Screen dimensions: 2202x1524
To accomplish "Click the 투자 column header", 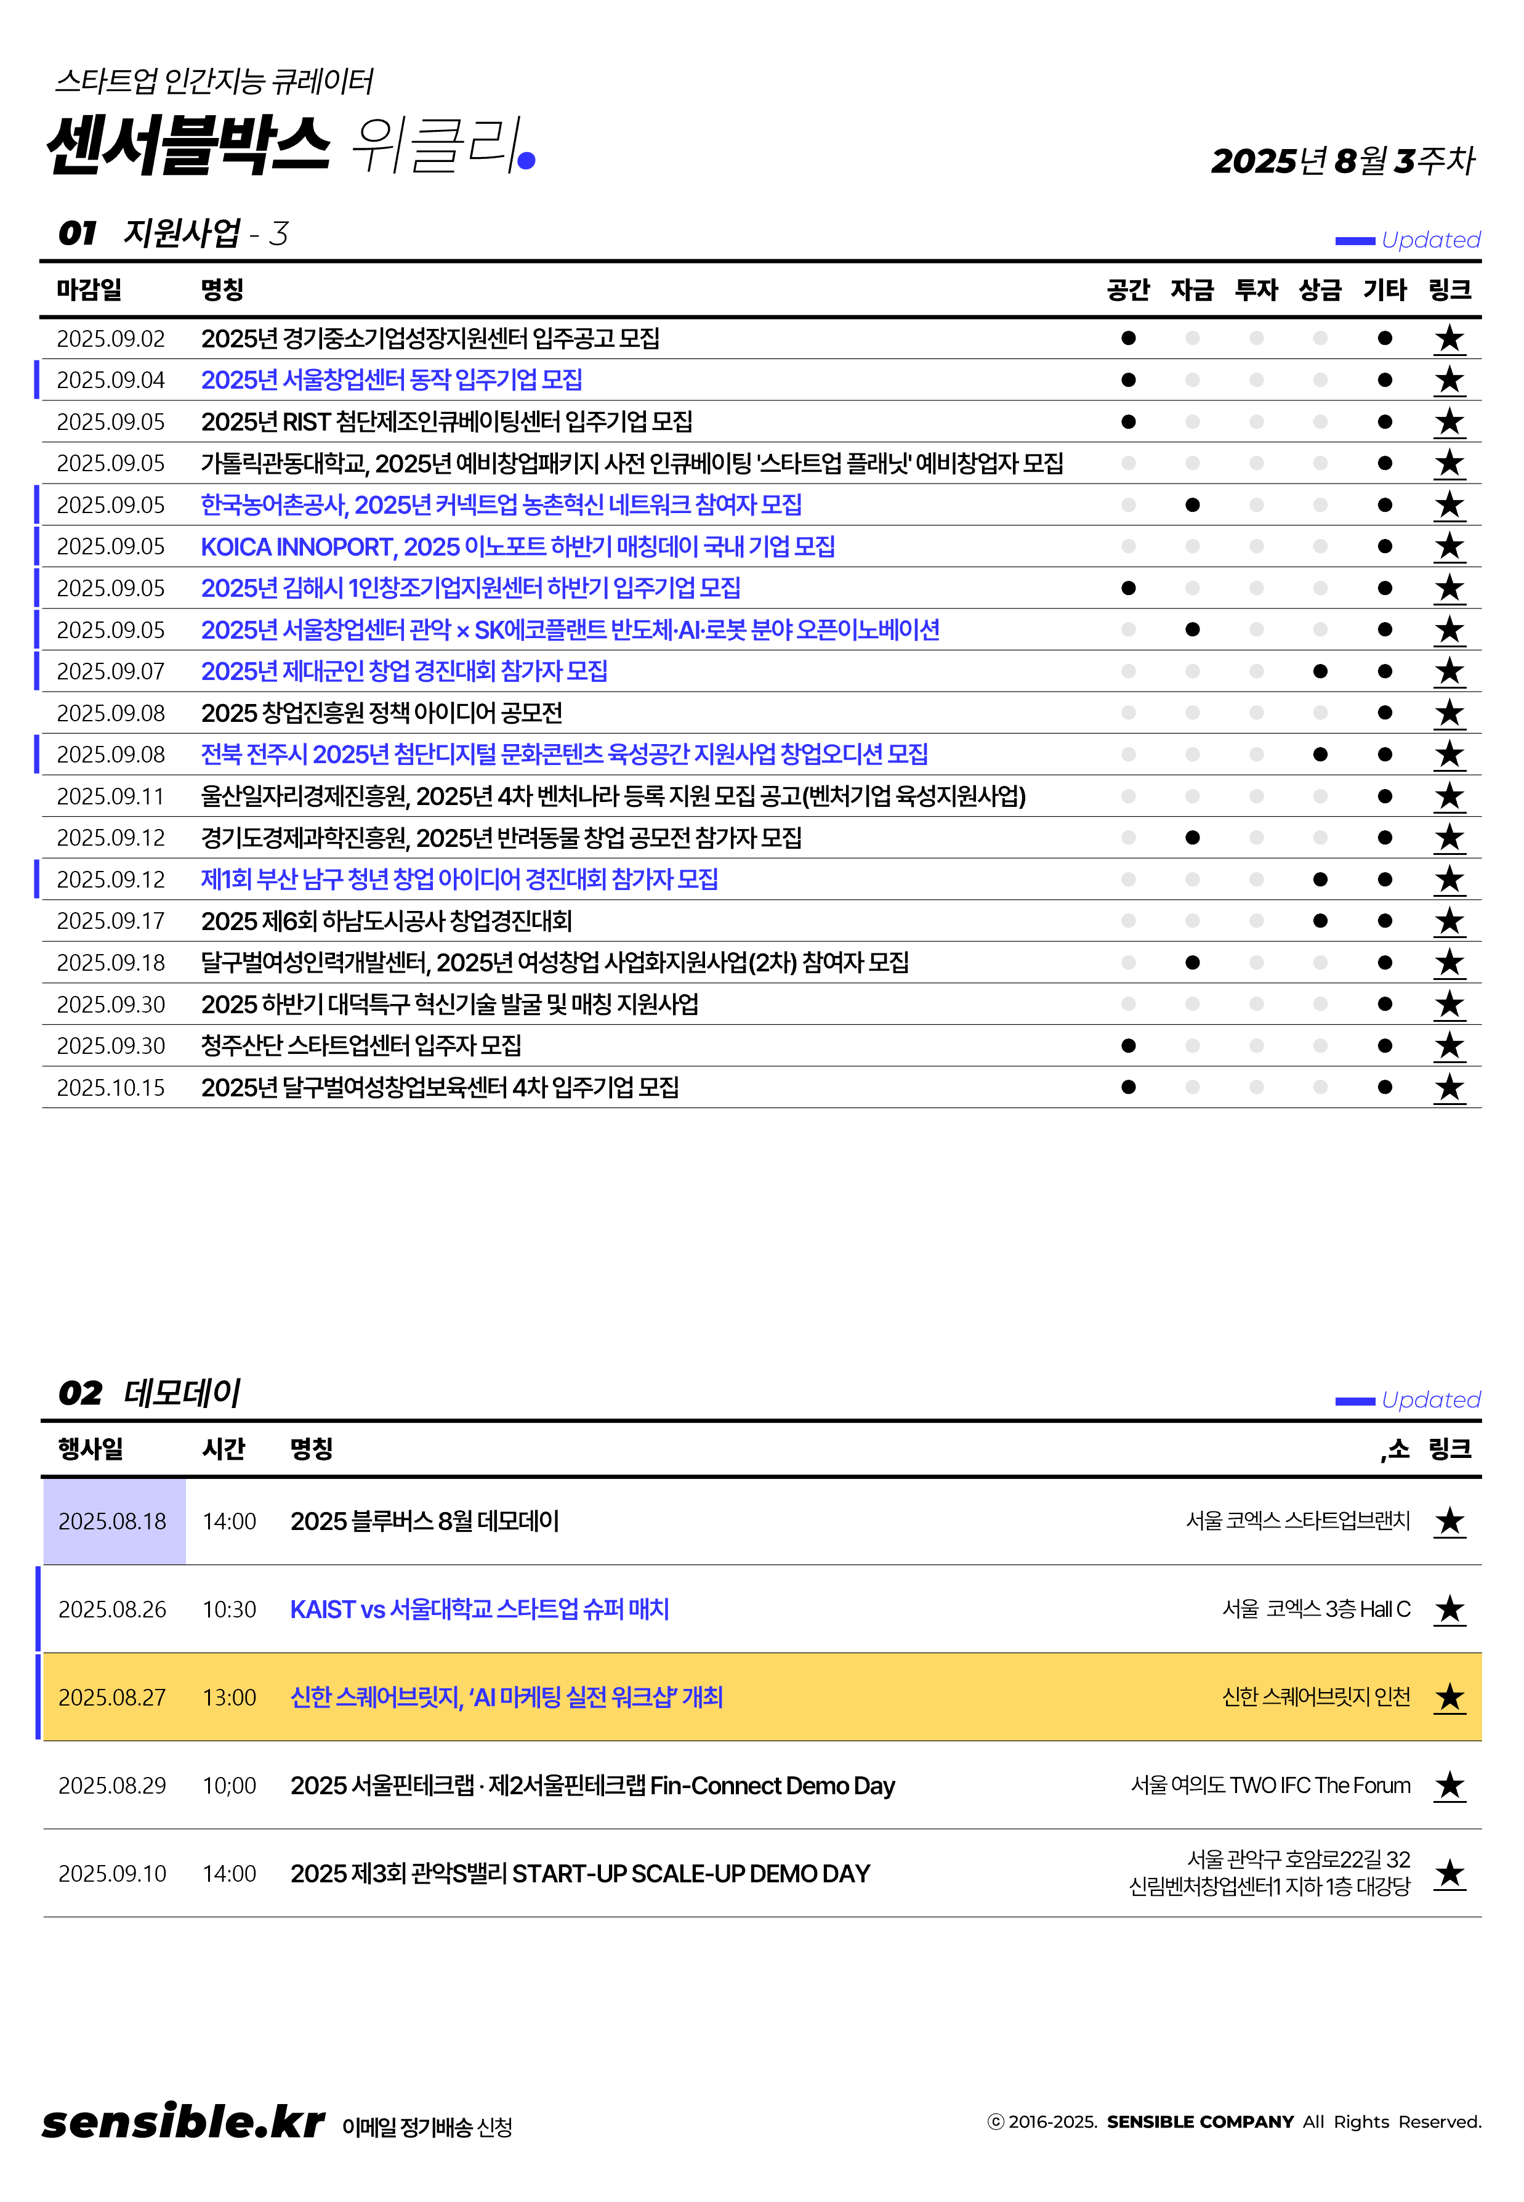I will coord(1256,289).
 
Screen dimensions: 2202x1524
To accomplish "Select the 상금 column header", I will coord(1320,289).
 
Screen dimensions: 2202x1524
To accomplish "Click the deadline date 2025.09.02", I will coord(111,339).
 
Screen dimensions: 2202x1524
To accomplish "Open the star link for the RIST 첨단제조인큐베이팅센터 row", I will coord(1448,422).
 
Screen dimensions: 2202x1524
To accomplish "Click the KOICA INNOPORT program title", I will coord(518,547).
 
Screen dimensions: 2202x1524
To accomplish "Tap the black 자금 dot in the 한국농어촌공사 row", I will coord(1191,505).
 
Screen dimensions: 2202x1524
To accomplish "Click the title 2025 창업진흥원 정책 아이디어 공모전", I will coord(381,713).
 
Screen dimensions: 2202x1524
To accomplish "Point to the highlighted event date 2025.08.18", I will coord(113,1521).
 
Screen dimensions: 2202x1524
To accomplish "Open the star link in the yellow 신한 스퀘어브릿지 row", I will coord(1448,1698).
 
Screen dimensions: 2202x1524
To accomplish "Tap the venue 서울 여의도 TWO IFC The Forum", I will coord(1270,1786).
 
